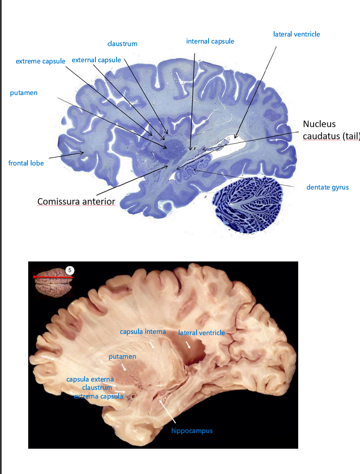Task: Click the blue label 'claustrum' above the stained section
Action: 122,44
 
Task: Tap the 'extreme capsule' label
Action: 40,61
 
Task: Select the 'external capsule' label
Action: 96,60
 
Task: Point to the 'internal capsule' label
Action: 210,41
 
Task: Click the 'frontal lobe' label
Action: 26,163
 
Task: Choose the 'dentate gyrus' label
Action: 327,187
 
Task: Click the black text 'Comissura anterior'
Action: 76,202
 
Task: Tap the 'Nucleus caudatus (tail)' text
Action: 328,130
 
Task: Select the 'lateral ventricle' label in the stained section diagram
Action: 296,34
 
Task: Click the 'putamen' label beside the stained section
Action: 24,93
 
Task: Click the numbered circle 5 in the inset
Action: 70,270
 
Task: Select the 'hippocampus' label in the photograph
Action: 192,431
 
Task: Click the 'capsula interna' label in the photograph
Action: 143,332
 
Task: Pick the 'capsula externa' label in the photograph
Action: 90,379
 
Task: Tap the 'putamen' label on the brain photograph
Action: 122,356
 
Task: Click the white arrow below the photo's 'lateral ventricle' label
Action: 189,345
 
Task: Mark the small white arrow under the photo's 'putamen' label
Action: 124,367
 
